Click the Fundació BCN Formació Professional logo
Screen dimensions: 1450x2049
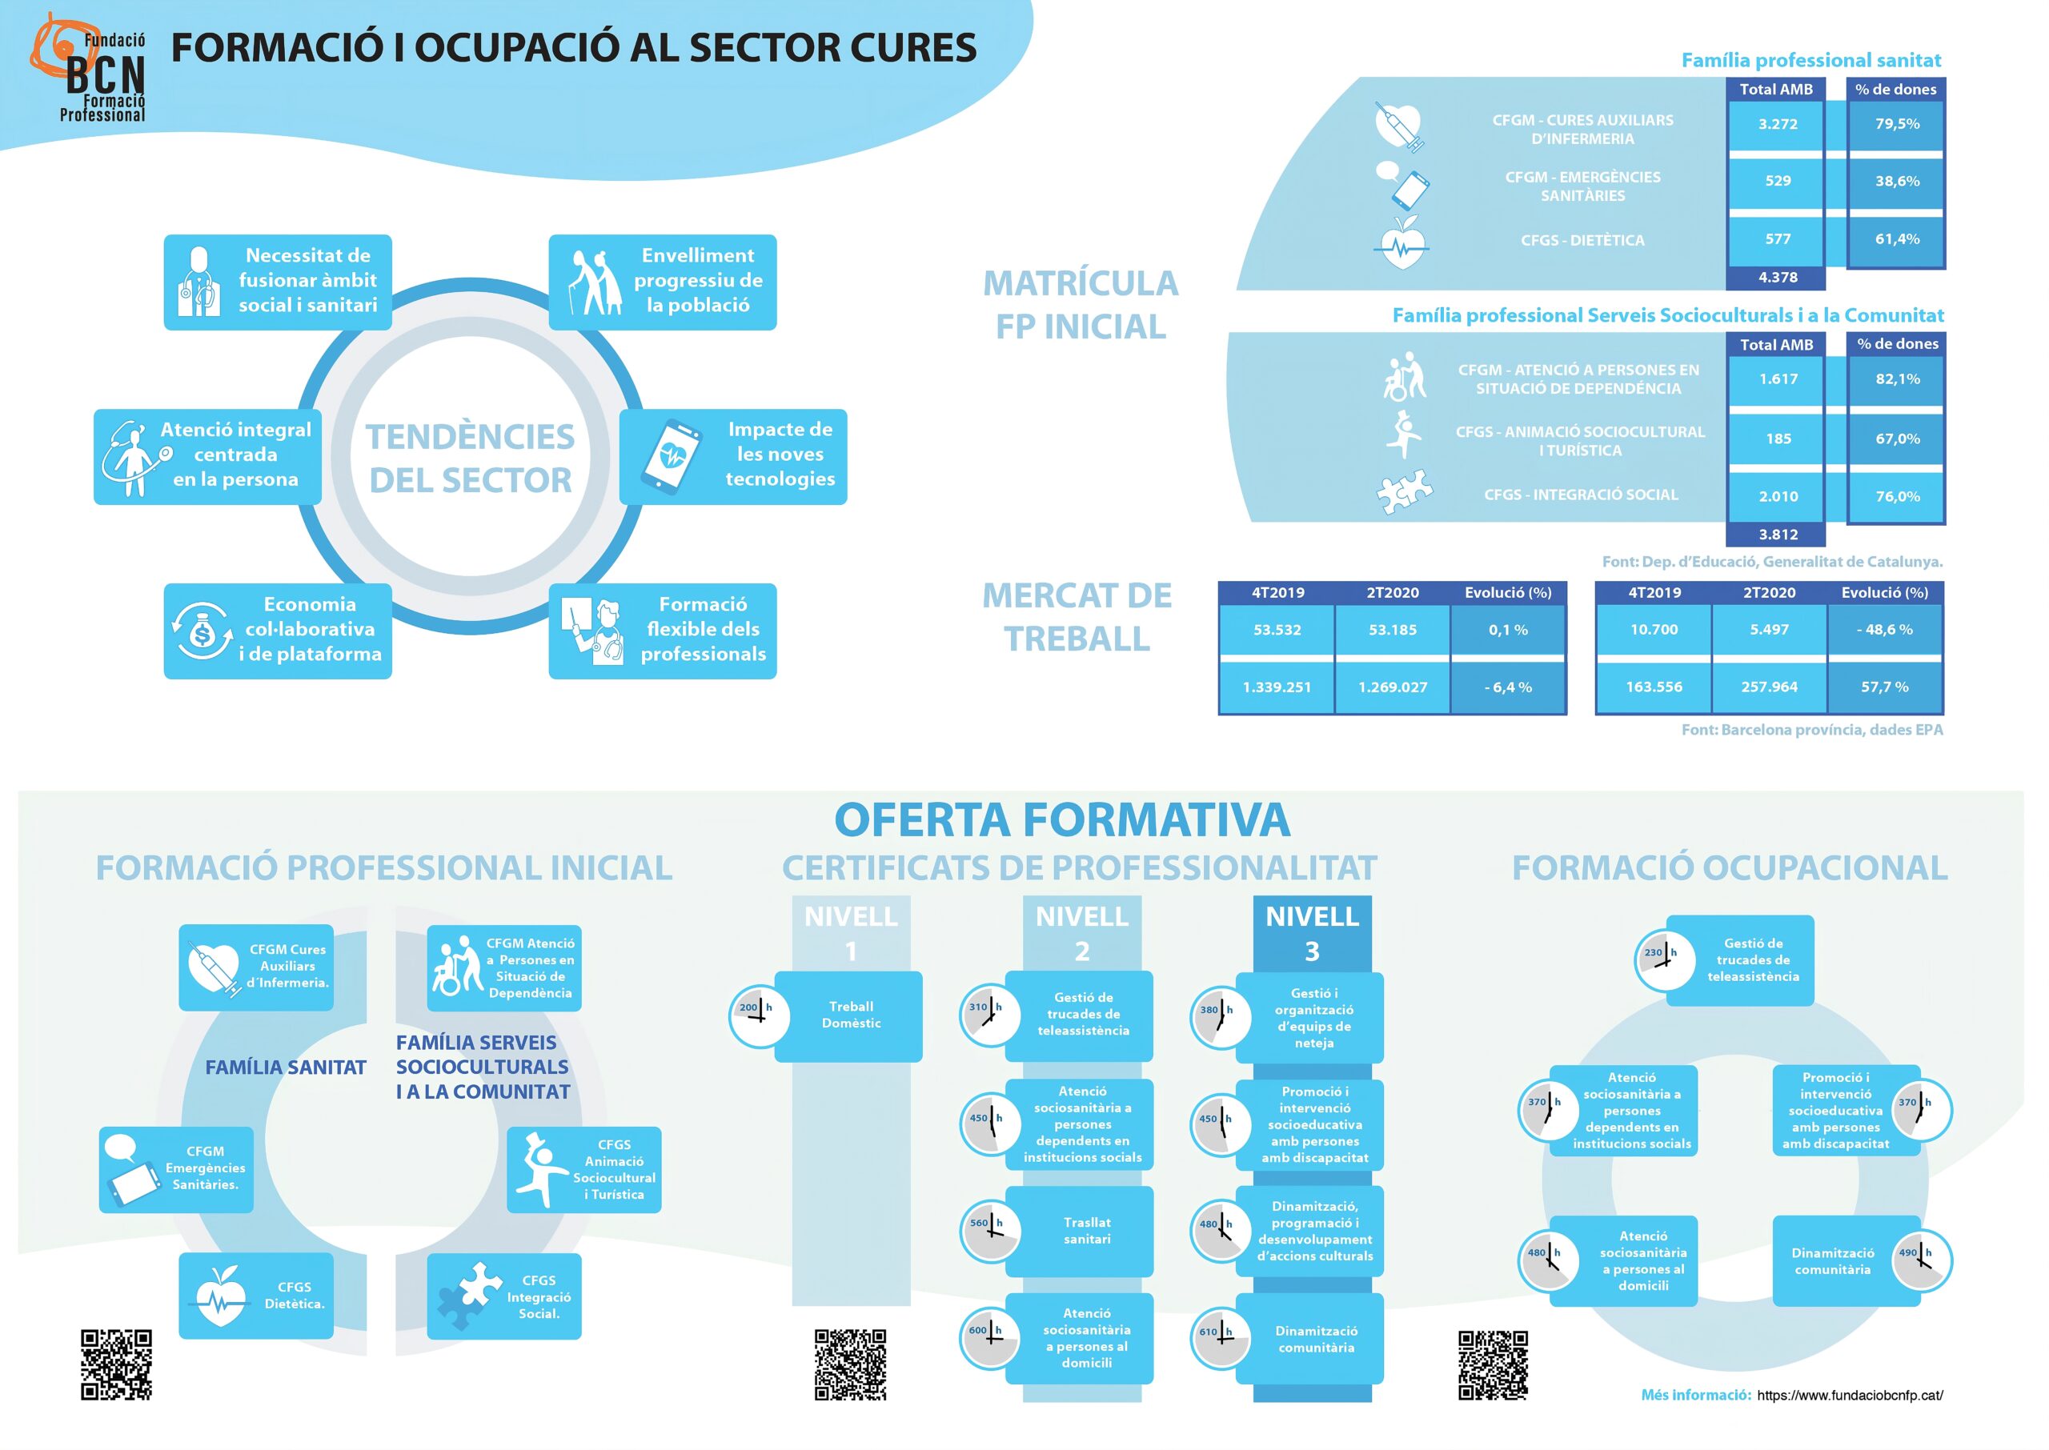coord(90,70)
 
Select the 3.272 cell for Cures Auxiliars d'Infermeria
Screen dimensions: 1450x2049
coord(1777,124)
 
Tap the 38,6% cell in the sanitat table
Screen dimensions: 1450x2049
coord(1896,181)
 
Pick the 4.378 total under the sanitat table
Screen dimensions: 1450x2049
coord(1777,278)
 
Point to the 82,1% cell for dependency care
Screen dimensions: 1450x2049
coord(1896,379)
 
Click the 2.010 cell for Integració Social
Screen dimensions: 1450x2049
coord(1777,496)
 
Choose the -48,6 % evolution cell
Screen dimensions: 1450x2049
coord(1884,630)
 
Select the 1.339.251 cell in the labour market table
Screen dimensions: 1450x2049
coord(1277,687)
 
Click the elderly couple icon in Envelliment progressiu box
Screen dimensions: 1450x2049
coord(595,282)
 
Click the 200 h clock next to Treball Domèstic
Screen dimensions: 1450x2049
coord(759,1016)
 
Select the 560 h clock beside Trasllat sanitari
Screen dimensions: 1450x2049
coord(990,1232)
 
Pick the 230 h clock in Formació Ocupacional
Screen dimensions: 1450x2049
coord(1665,961)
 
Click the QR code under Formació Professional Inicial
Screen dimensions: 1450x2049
coord(116,1364)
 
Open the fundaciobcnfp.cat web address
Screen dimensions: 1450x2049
coord(1849,1396)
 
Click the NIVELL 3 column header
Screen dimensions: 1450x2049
coord(1312,933)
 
